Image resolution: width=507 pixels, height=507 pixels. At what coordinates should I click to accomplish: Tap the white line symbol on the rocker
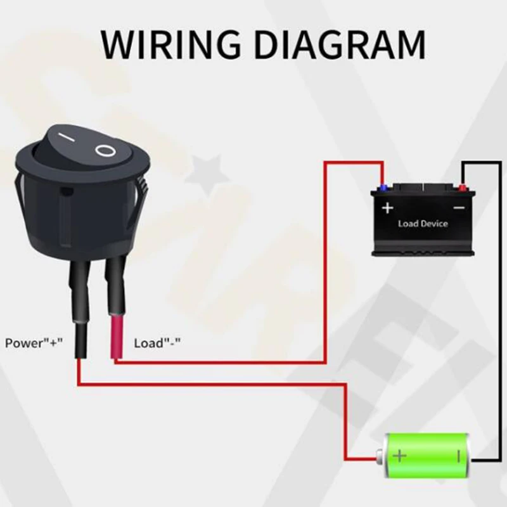64,138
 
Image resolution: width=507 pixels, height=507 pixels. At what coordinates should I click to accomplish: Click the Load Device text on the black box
423,224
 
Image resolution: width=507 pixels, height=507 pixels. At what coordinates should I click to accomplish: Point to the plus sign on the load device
387,208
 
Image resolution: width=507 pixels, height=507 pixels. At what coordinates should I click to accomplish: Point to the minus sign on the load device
459,208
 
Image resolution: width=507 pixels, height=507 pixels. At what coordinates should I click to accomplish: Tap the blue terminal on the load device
382,188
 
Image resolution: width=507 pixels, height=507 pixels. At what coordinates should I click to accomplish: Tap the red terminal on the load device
463,188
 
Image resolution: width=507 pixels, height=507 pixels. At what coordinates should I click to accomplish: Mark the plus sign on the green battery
399,455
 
